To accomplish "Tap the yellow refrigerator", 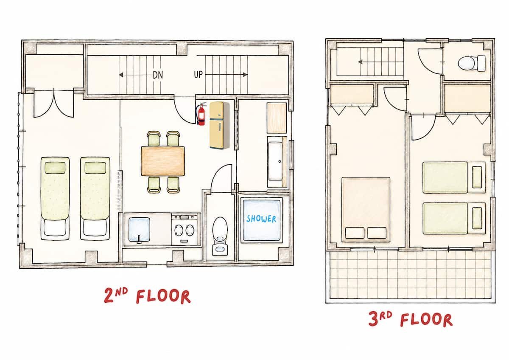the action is (219, 126).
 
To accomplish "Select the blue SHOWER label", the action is (261, 219).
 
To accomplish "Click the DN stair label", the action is (158, 75).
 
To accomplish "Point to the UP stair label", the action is (198, 75).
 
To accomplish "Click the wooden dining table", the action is (163, 161).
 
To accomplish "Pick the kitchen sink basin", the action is (139, 229).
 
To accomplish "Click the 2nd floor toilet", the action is (220, 236).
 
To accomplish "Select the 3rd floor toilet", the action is (472, 63).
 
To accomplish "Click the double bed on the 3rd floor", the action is (366, 209).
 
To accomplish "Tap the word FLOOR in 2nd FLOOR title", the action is (163, 296).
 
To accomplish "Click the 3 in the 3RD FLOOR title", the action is (373, 319).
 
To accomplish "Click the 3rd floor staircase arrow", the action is (377, 62).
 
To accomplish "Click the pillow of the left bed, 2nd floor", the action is (55, 168).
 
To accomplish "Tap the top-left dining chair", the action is (154, 138).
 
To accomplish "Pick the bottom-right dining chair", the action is (173, 184).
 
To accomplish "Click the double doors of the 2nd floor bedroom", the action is (53, 104).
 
